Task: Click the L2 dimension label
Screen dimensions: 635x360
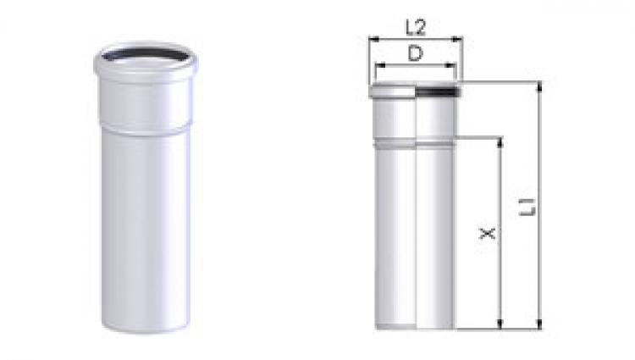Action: [x=416, y=28]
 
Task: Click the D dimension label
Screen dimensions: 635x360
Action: [x=415, y=53]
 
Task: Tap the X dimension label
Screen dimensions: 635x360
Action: [x=487, y=233]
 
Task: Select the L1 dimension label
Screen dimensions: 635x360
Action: [x=527, y=207]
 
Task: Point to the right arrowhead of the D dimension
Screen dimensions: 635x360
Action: [x=451, y=64]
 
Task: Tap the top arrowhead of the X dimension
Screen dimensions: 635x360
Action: [x=500, y=142]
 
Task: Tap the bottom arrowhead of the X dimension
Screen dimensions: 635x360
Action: [x=500, y=324]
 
